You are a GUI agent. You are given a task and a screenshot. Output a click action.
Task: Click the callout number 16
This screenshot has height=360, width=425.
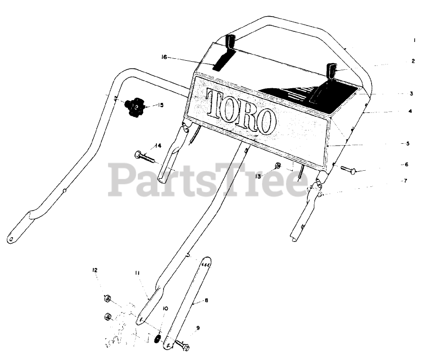click(164, 57)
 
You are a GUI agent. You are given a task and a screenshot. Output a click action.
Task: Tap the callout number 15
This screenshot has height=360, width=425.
click(161, 104)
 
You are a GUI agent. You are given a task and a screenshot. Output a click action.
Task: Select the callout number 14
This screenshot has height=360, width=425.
click(158, 145)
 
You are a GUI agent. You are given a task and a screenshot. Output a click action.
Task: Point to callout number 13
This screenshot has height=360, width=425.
click(258, 176)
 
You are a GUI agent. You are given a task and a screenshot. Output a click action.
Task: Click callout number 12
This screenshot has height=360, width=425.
click(95, 270)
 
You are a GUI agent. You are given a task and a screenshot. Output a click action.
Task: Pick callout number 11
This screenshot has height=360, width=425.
click(136, 273)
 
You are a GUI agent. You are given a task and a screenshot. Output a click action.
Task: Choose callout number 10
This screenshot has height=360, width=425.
click(165, 308)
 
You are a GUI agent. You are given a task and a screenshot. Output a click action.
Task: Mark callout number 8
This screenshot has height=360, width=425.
click(207, 300)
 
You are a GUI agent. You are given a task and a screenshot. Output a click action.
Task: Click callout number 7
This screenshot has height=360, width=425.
click(405, 181)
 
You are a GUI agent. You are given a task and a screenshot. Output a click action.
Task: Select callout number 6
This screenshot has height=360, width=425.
click(406, 165)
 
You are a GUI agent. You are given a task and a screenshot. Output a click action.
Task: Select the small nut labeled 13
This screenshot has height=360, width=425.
click(279, 166)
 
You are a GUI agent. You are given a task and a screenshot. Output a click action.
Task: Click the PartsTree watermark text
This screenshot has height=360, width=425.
click(208, 179)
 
